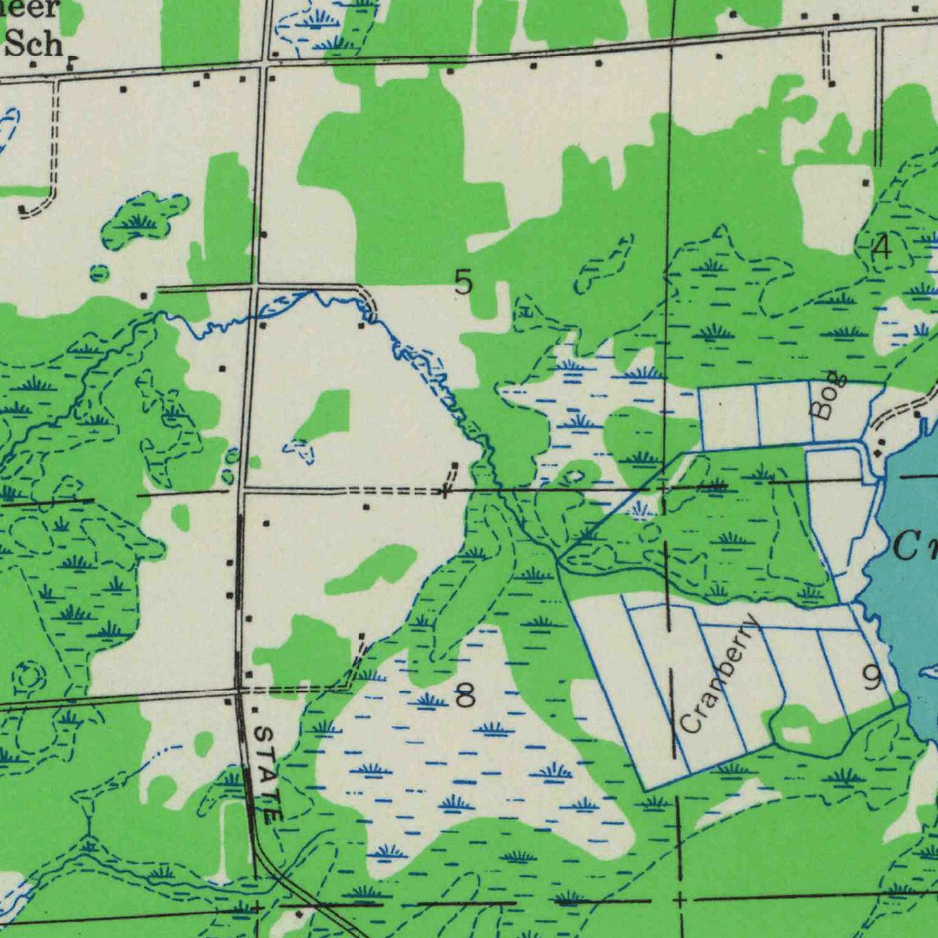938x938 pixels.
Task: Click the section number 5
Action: pyautogui.click(x=464, y=282)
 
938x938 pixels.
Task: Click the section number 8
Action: pyautogui.click(x=465, y=696)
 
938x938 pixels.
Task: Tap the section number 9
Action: pyautogui.click(x=872, y=678)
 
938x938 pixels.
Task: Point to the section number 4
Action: pyautogui.click(x=881, y=246)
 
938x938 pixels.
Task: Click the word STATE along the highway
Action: pyautogui.click(x=267, y=772)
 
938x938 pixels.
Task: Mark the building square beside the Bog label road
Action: pyautogui.click(x=917, y=414)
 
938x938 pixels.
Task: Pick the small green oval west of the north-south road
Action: pyautogui.click(x=99, y=273)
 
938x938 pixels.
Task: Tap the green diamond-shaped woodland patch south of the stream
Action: pyautogui.click(x=325, y=414)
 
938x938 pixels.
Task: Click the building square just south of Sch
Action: pyautogui.click(x=32, y=65)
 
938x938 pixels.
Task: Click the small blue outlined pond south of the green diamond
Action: pyautogui.click(x=299, y=448)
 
